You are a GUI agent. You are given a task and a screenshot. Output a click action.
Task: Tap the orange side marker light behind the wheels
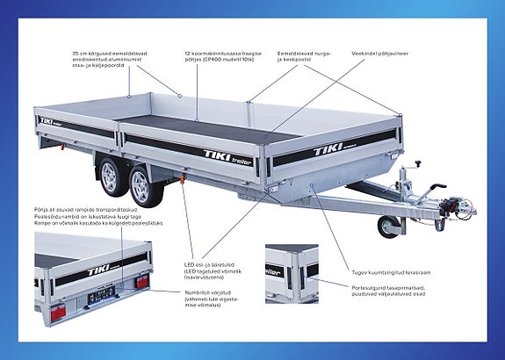183,184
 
